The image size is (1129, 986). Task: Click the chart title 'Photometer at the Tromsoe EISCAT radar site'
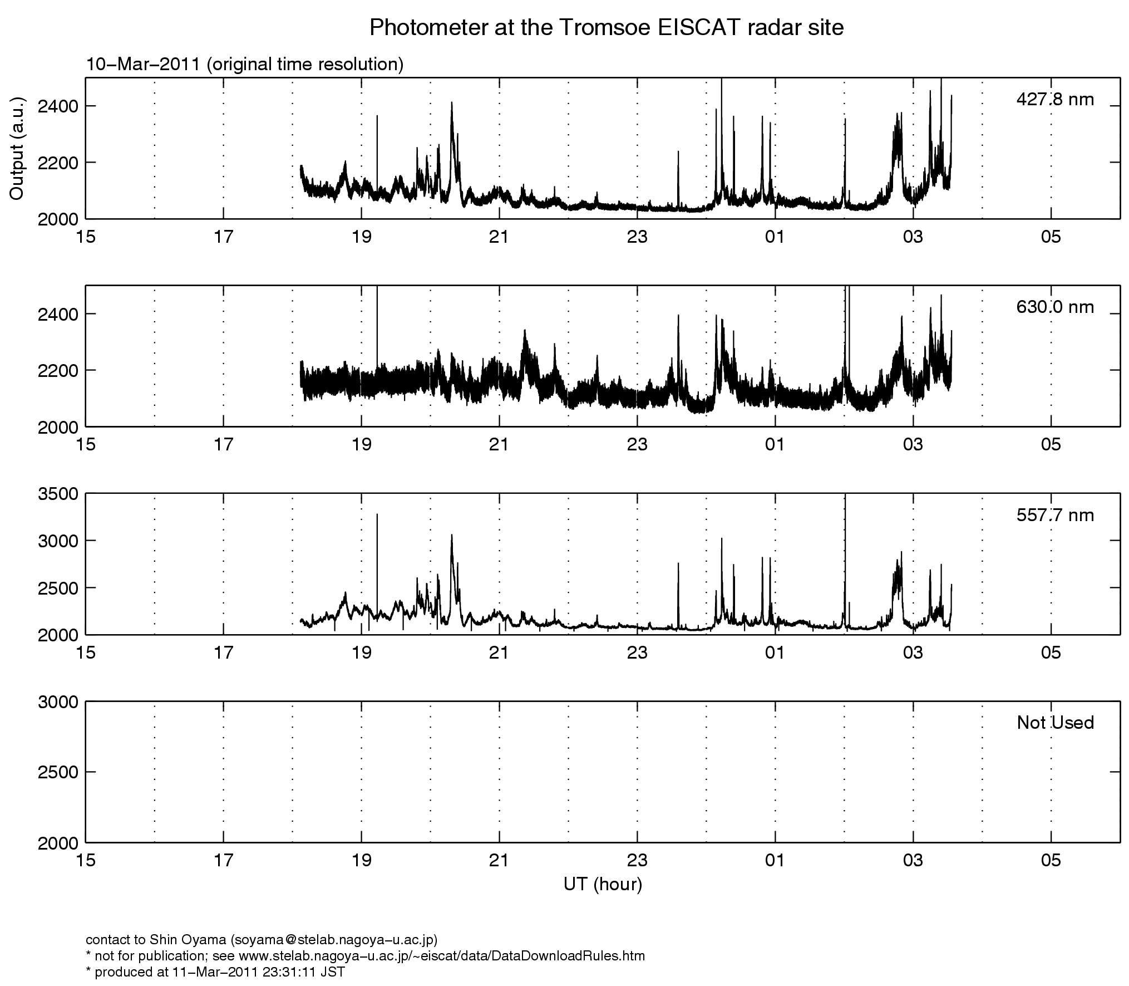click(x=607, y=27)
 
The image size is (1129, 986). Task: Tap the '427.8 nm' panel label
click(x=1055, y=100)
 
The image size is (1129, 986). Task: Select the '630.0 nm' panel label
click(x=1055, y=307)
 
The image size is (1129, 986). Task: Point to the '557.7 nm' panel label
click(x=1055, y=516)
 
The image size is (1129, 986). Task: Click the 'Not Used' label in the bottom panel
click(x=1056, y=723)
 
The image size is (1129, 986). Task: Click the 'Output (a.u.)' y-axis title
click(x=17, y=148)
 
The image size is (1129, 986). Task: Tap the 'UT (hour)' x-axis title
click(x=603, y=885)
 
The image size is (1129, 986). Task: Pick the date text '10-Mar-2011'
click(x=142, y=65)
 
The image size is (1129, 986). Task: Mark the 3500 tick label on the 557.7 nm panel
click(x=58, y=494)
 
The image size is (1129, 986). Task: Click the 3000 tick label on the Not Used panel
click(x=58, y=702)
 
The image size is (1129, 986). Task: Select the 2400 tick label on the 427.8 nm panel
click(x=58, y=106)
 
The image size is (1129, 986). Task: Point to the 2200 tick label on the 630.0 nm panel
click(x=58, y=370)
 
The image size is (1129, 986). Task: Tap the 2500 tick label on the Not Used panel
click(x=58, y=772)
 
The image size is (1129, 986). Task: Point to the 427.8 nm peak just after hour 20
click(x=452, y=102)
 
